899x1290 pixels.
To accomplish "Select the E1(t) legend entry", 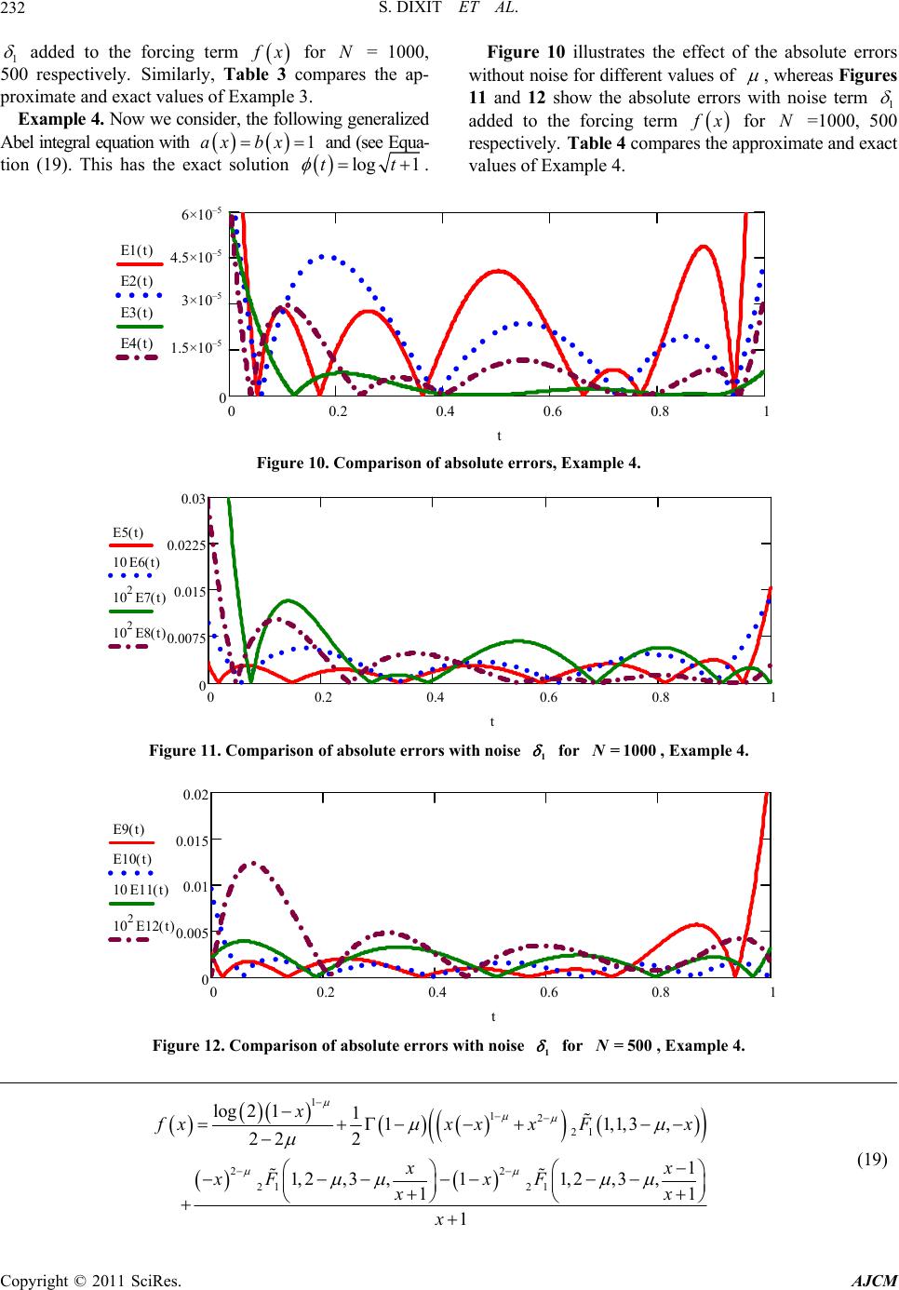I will (x=137, y=250).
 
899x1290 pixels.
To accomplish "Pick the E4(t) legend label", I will (x=137, y=344).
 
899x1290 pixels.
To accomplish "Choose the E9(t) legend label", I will (x=128, y=828).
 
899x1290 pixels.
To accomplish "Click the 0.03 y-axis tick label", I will (x=193, y=500).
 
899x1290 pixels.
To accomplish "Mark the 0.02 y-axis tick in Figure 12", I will (x=195, y=794).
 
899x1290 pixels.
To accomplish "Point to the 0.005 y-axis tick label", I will (x=191, y=933).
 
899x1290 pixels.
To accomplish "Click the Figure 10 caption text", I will (x=449, y=463).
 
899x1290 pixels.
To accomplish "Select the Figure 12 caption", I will (x=449, y=1044).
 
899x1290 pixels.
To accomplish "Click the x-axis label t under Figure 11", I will (x=492, y=720).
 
